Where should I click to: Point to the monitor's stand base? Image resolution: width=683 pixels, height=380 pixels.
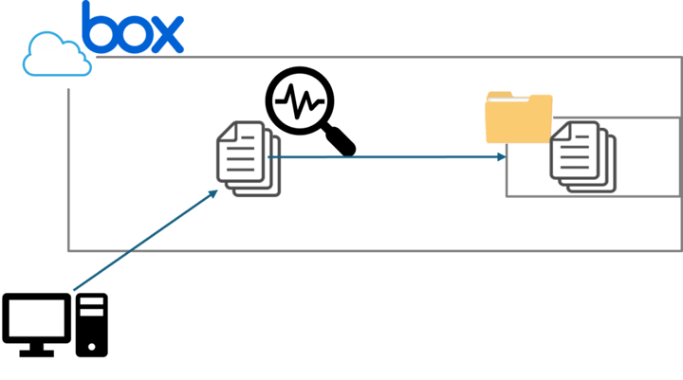tap(37, 352)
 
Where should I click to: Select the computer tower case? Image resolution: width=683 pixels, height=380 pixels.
tap(92, 325)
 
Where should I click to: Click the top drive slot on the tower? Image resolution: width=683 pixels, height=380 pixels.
tap(92, 304)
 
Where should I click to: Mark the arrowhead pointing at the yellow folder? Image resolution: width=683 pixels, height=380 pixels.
tap(499, 157)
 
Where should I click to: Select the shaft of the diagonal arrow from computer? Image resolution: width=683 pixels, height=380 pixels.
tap(142, 243)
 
